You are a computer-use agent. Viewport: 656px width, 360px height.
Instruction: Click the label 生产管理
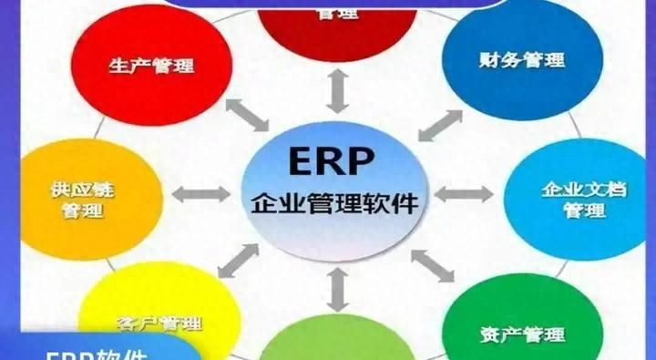click(151, 65)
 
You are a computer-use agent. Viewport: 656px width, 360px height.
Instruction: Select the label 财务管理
click(521, 60)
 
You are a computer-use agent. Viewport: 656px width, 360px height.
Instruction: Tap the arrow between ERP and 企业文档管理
click(464, 193)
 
